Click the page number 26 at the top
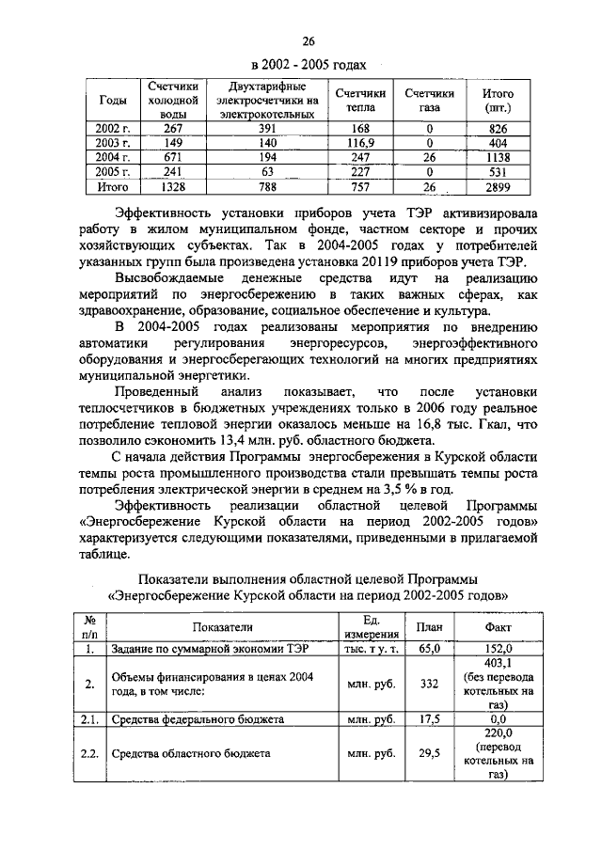pos(307,40)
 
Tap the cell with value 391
pos(266,128)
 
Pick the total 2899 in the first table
pos(498,187)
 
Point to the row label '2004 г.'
pos(114,157)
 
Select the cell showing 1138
pos(498,157)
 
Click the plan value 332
pos(429,684)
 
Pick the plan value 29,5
pos(429,753)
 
